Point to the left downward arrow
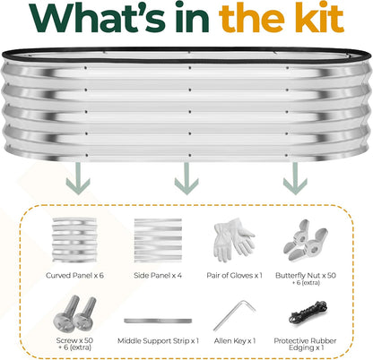[78, 178]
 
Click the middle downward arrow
[186, 178]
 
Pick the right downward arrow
[295, 178]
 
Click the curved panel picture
[74, 240]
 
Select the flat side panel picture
[158, 240]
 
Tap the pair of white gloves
[234, 240]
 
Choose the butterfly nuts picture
[305, 240]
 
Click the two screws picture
[74, 314]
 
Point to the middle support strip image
[158, 321]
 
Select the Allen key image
[234, 316]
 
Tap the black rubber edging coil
[308, 313]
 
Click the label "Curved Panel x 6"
[74, 276]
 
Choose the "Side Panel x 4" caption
[158, 276]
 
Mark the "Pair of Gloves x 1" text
[234, 276]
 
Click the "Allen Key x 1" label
[235, 341]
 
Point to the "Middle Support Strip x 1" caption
[158, 341]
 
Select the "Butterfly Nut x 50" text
[306, 276]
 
